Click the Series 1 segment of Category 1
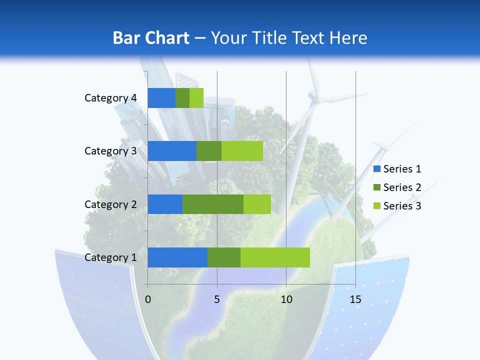177,257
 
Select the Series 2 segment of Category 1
224,257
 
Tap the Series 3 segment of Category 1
275,257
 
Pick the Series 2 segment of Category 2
213,204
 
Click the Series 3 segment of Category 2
257,204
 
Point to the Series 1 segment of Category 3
172,151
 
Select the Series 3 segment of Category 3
242,151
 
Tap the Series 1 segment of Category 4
161,98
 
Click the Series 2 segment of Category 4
182,98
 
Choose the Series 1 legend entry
397,169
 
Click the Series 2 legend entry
397,187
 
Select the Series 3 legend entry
397,206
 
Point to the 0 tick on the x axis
148,299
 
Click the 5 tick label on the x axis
217,299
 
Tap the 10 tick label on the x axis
286,299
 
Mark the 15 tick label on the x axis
355,299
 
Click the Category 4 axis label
110,98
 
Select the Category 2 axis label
110,204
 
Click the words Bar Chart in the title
151,38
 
